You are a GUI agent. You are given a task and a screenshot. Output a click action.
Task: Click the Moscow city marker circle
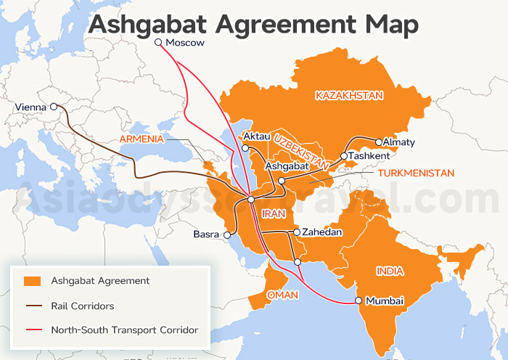pos(158,43)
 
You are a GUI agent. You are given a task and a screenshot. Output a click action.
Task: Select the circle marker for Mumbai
pos(358,300)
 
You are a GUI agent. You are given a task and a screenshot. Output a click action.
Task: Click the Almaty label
pos(398,142)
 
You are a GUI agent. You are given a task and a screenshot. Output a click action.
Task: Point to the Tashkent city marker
pos(343,156)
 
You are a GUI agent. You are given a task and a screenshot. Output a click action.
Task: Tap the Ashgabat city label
pos(288,166)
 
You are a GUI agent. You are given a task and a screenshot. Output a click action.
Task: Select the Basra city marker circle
pos(226,235)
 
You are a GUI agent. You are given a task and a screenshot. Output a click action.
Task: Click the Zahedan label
pos(321,233)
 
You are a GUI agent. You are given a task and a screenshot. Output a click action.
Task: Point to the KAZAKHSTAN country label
pos(348,95)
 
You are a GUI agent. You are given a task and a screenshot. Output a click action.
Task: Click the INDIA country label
pos(390,271)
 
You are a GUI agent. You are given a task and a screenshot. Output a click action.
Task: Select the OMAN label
pos(282,295)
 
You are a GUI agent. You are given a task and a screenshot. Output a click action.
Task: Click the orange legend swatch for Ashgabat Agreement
pos(31,281)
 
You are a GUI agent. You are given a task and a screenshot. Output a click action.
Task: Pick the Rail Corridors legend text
pos(82,306)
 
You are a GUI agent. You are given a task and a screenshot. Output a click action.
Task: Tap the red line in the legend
pos(31,330)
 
